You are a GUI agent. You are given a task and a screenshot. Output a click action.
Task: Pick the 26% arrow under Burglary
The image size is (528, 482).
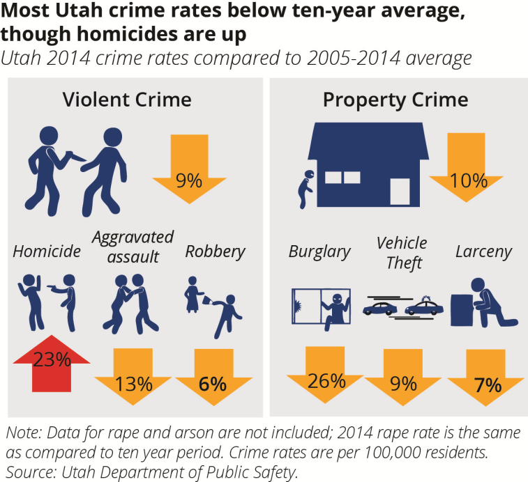click(326, 377)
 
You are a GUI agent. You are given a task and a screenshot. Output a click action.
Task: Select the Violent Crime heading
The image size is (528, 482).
click(127, 100)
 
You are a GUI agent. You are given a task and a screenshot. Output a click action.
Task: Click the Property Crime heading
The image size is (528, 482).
click(395, 100)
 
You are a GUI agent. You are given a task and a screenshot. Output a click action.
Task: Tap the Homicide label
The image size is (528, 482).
click(47, 251)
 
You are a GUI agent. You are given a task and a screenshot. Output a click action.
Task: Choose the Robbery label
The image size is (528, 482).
click(215, 251)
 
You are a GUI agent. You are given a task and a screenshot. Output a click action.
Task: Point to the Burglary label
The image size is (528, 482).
click(319, 251)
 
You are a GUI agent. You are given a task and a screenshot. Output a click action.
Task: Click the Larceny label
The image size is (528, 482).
click(483, 251)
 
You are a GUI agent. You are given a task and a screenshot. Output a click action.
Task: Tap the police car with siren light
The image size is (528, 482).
click(423, 306)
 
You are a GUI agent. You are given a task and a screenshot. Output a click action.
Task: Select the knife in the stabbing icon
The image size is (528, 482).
click(73, 156)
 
